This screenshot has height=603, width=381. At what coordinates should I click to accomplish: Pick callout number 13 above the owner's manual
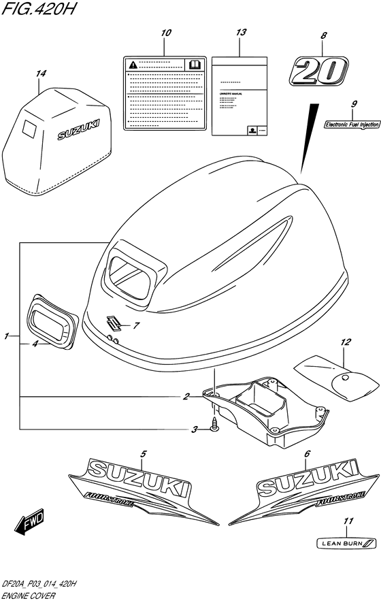239,33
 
